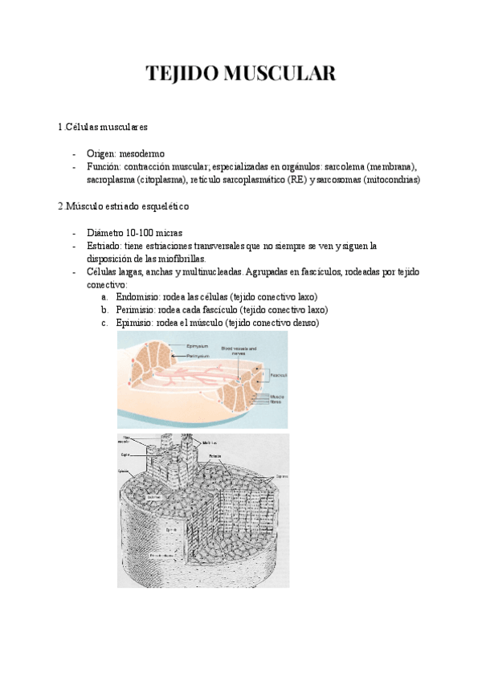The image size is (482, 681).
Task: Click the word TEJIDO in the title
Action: click(180, 75)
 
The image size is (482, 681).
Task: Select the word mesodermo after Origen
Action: click(143, 153)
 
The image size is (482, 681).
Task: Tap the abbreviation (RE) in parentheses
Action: click(296, 180)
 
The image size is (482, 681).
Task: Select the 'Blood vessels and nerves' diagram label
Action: click(239, 351)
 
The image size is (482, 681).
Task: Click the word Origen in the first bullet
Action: click(102, 153)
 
